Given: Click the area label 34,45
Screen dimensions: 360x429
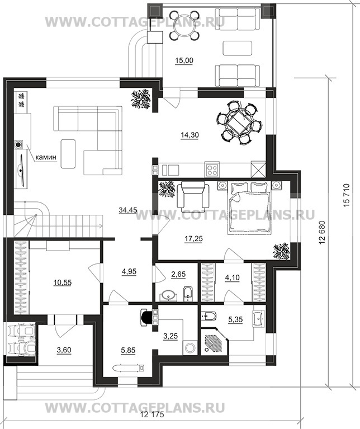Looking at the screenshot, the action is click(x=128, y=210).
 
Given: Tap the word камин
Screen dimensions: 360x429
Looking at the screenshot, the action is click(x=46, y=157).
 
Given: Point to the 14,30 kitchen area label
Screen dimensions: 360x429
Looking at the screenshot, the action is click(x=190, y=135).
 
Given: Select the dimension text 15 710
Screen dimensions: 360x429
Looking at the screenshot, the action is click(x=346, y=196).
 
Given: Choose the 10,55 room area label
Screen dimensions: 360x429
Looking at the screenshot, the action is click(x=62, y=282).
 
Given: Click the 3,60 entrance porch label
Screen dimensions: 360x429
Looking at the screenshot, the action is click(x=63, y=350).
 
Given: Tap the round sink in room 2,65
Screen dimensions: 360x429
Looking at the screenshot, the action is click(x=167, y=295).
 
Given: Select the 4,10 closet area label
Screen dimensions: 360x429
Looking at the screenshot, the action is click(x=232, y=277).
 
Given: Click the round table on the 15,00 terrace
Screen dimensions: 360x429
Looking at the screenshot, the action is click(x=183, y=25).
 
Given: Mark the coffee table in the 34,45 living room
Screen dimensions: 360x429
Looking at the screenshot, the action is click(x=68, y=153).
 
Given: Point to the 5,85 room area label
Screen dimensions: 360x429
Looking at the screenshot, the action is click(x=128, y=350).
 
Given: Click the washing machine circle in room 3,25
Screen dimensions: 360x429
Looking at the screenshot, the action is click(x=190, y=348).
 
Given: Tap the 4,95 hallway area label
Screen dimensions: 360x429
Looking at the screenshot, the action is click(x=129, y=271).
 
